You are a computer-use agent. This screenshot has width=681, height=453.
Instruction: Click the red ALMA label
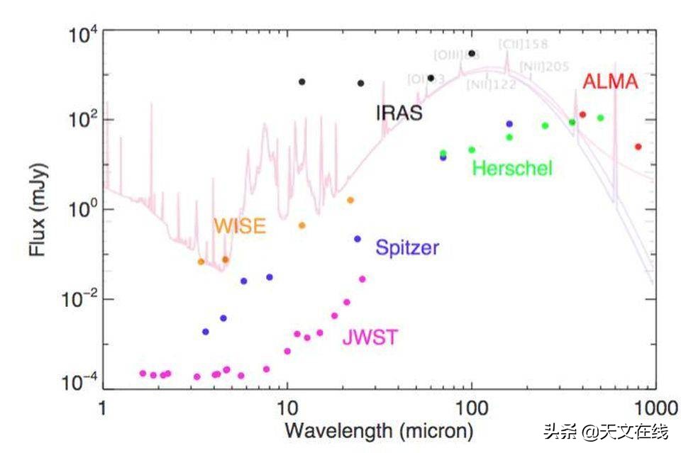click(610, 82)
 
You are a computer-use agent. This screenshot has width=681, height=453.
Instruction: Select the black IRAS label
click(399, 113)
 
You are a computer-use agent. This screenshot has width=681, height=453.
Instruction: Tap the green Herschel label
click(511, 169)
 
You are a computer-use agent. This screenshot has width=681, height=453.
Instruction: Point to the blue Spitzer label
click(407, 248)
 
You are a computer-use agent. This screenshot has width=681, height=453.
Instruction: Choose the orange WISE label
click(240, 226)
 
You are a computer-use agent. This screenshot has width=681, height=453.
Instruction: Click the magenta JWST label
click(370, 337)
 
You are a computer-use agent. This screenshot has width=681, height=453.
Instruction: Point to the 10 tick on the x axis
click(287, 409)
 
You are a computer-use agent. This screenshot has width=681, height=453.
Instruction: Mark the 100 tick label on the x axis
click(472, 409)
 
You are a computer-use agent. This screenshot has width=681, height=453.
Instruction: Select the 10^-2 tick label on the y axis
click(81, 299)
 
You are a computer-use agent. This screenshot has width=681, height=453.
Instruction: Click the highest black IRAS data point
click(472, 53)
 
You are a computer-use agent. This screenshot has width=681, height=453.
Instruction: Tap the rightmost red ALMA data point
click(638, 147)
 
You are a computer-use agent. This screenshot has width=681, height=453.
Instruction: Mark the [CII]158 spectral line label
click(523, 44)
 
